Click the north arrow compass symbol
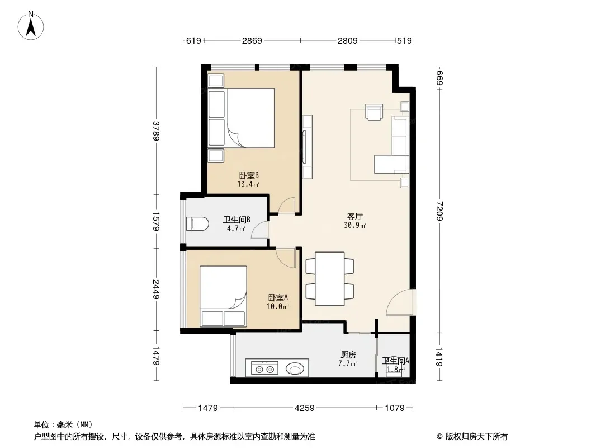pos(31,26)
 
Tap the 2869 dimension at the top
pos(252,40)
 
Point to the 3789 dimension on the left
pos(156,130)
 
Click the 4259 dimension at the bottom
pos(305,408)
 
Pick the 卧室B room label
pos(249,175)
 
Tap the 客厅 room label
pos(354,216)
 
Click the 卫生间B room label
pos(236,220)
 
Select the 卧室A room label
pos(278,297)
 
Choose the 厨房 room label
pos(348,354)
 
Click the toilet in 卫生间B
pos(197,223)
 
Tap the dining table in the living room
pos(329,279)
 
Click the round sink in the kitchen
pos(295,368)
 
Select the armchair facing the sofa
pos(374,112)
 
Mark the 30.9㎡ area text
pos(354,225)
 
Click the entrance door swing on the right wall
pos(399,302)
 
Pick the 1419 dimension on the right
pos(439,357)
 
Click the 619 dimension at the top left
pos(193,40)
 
